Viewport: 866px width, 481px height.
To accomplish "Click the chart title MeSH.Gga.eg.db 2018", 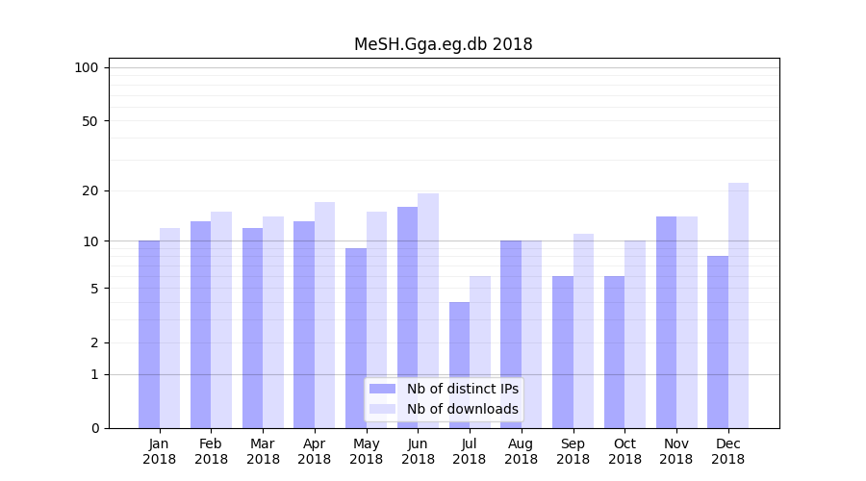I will coord(443,44).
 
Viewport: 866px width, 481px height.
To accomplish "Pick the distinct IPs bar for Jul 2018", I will coord(460,365).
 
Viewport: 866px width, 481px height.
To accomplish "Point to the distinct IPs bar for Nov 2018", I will coord(667,322).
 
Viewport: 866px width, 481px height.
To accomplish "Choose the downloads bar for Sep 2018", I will coord(583,331).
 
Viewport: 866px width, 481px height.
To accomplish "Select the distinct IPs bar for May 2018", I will coord(356,338).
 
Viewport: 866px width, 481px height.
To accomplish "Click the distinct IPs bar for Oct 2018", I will coord(615,352).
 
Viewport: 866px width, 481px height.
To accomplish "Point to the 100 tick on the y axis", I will coord(87,67).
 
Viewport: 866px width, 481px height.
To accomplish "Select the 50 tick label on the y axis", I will coord(89,121).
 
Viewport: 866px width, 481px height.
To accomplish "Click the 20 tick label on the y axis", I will coord(89,190).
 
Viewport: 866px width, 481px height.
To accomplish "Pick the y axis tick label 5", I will coord(94,289).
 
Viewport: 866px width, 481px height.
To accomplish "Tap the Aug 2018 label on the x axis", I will coord(522,451).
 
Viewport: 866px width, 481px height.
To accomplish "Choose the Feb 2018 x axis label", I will coord(211,451).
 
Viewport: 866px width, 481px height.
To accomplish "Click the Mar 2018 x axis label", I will coord(263,451).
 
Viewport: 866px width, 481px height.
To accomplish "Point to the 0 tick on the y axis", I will coord(94,428).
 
